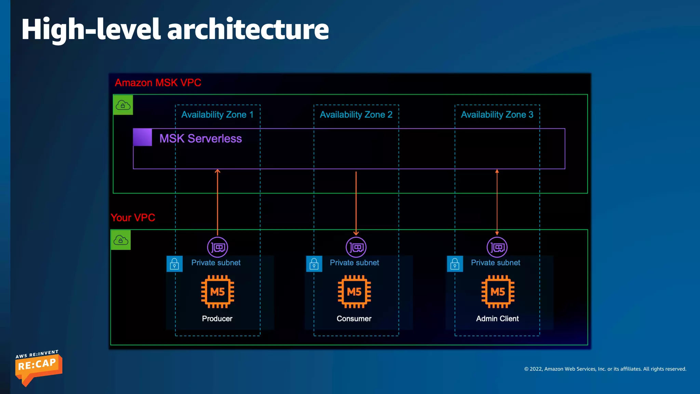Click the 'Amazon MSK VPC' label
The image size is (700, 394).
tap(158, 83)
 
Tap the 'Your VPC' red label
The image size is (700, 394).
tap(133, 218)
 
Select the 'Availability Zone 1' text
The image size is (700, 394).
tap(217, 115)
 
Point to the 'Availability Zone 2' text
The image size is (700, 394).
tap(356, 115)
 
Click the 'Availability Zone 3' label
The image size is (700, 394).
tap(497, 115)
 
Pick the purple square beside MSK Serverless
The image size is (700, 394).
tap(143, 137)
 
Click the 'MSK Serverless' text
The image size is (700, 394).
tap(201, 139)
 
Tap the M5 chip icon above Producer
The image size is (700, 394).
tap(217, 292)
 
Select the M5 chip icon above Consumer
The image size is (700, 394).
tap(354, 292)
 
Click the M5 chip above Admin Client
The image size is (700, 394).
tap(498, 292)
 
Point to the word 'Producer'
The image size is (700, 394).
tap(217, 319)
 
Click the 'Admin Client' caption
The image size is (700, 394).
tap(497, 319)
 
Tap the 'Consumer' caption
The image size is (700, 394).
tap(354, 319)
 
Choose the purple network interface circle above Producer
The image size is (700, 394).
tap(217, 247)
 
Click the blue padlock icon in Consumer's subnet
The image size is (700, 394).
tap(314, 264)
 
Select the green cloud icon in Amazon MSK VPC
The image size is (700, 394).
tap(123, 105)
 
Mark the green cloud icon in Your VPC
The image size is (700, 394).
tap(121, 240)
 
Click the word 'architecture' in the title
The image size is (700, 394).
tap(248, 29)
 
